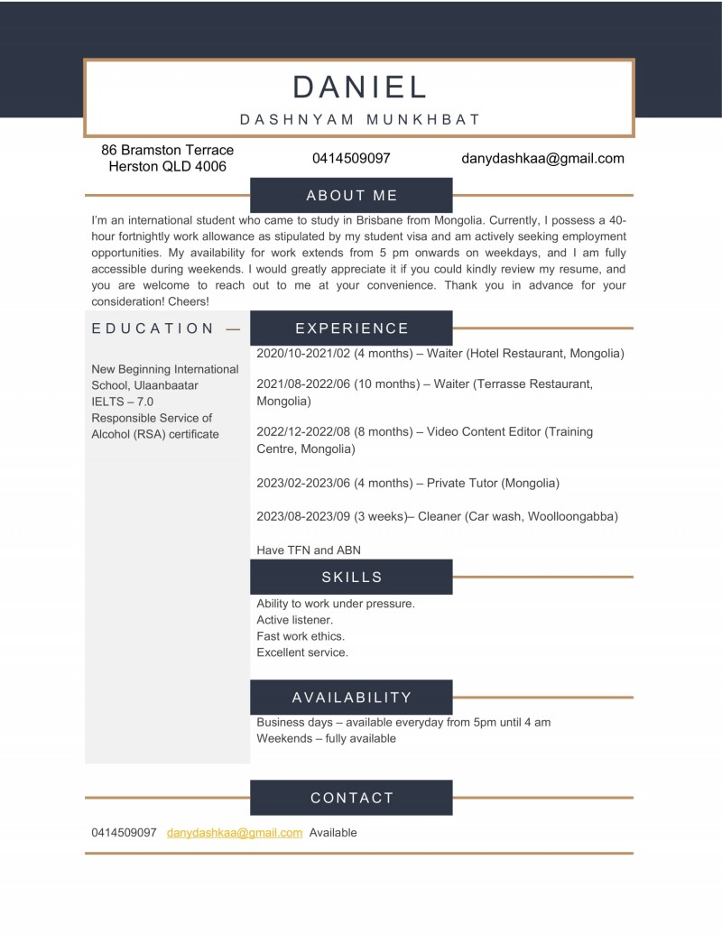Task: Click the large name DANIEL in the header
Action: (x=359, y=87)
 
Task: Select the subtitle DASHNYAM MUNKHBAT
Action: (x=359, y=119)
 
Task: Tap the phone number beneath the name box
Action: (x=351, y=159)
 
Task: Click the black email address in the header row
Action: (x=542, y=159)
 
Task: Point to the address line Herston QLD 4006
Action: (x=167, y=167)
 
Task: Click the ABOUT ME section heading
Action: (x=351, y=195)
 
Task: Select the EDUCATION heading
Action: (x=153, y=328)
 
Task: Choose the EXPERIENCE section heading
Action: (x=351, y=328)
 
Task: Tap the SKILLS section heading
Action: (x=351, y=578)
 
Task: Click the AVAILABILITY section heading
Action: (x=351, y=698)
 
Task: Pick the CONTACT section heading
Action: (x=351, y=798)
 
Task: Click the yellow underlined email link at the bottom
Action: (x=235, y=833)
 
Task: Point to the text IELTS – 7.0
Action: (x=123, y=402)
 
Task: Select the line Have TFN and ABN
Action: (x=309, y=550)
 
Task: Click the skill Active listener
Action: (x=294, y=620)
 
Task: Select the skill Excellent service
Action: (x=301, y=652)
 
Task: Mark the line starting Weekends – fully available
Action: (x=326, y=738)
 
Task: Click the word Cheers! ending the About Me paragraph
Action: (x=186, y=301)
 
